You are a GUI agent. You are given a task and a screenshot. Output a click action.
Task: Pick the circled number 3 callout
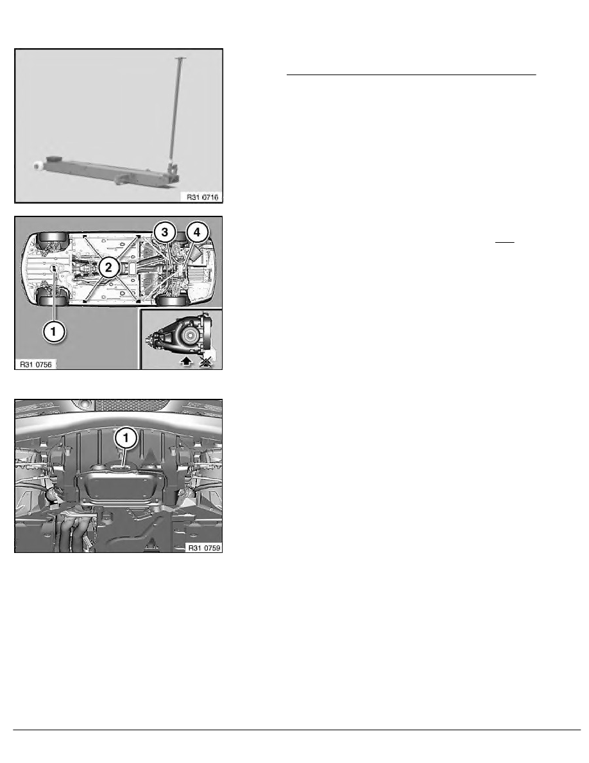164,232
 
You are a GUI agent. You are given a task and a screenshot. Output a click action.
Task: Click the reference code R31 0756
36,364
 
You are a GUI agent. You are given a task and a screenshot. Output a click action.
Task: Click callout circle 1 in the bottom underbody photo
126,438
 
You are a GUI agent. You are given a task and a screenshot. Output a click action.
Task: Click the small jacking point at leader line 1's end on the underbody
55,268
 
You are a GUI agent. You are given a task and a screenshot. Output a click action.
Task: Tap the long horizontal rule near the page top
411,75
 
